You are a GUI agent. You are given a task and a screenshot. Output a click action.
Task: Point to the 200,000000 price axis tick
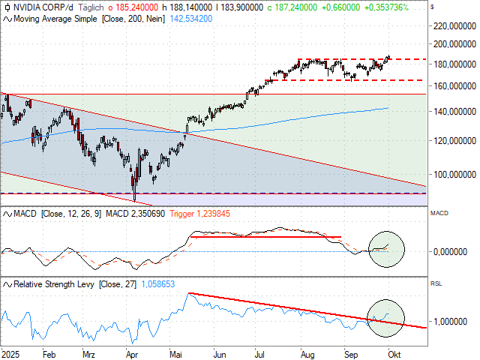tap(453, 44)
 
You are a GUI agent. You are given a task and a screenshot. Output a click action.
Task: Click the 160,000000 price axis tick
tap(453, 86)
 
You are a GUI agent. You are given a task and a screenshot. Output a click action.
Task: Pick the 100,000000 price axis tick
tap(453, 174)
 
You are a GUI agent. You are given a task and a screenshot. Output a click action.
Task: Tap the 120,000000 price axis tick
tap(453, 140)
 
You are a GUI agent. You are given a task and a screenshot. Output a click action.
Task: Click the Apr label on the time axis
tap(132, 352)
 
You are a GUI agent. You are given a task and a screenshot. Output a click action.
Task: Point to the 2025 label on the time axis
tap(10, 352)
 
